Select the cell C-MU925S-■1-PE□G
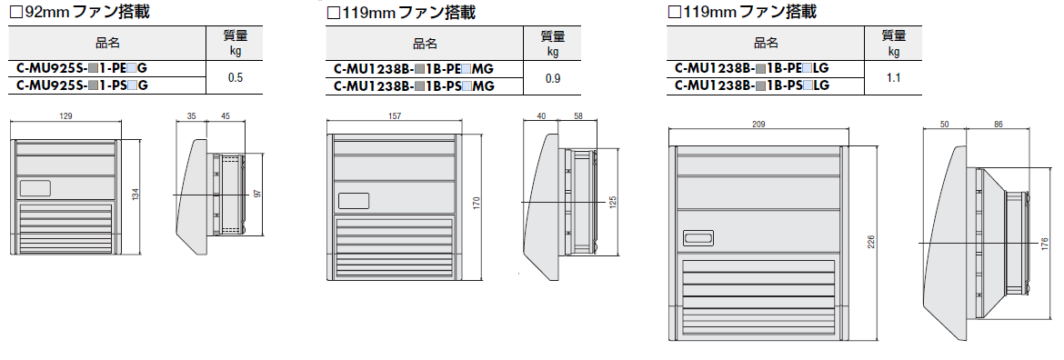tap(82, 68)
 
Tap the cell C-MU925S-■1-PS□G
tap(82, 85)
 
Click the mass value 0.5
tap(236, 78)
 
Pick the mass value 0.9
tap(553, 78)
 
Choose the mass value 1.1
tap(893, 78)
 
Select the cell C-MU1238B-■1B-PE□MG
tap(413, 69)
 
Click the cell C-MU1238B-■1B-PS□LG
tap(752, 85)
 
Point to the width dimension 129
tap(65, 116)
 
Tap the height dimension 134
tap(135, 195)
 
